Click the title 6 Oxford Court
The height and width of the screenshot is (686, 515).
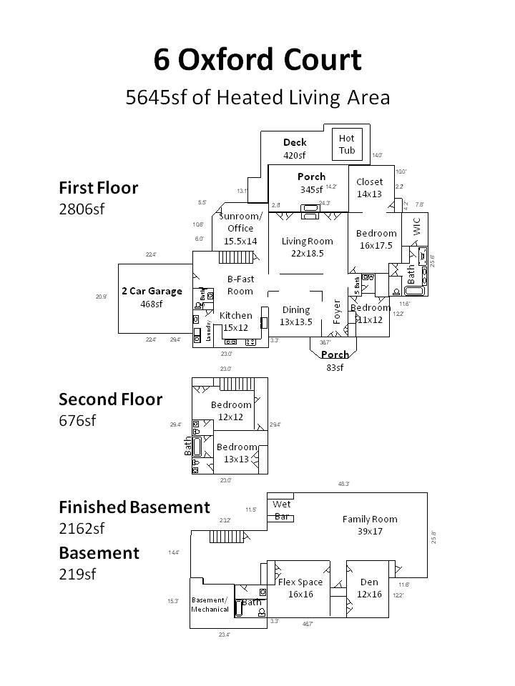[x=257, y=60]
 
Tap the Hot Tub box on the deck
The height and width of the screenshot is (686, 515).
[x=347, y=144]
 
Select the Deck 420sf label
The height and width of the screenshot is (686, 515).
[x=294, y=149]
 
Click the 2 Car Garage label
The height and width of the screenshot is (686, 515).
[x=152, y=297]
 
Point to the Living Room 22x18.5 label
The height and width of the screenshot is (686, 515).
[x=308, y=247]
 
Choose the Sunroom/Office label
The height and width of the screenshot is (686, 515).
[x=240, y=229]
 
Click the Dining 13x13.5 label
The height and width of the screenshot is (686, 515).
[x=296, y=315]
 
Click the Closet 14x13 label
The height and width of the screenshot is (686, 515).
[x=369, y=187]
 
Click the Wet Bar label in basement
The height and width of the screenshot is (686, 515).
[x=283, y=510]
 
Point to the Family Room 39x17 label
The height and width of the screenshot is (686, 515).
[x=369, y=525]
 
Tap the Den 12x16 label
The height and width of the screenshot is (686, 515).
[x=370, y=587]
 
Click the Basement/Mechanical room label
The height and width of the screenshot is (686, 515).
[x=210, y=605]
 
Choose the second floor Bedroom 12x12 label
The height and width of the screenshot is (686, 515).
[x=231, y=411]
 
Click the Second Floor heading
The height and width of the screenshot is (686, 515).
[x=110, y=399]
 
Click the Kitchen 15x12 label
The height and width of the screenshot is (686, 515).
[x=235, y=321]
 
